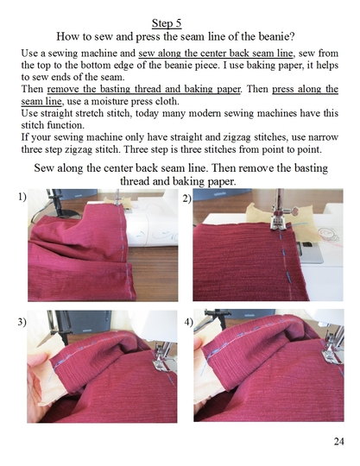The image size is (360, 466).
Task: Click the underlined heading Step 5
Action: click(x=179, y=22)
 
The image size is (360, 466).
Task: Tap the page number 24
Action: click(x=338, y=442)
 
